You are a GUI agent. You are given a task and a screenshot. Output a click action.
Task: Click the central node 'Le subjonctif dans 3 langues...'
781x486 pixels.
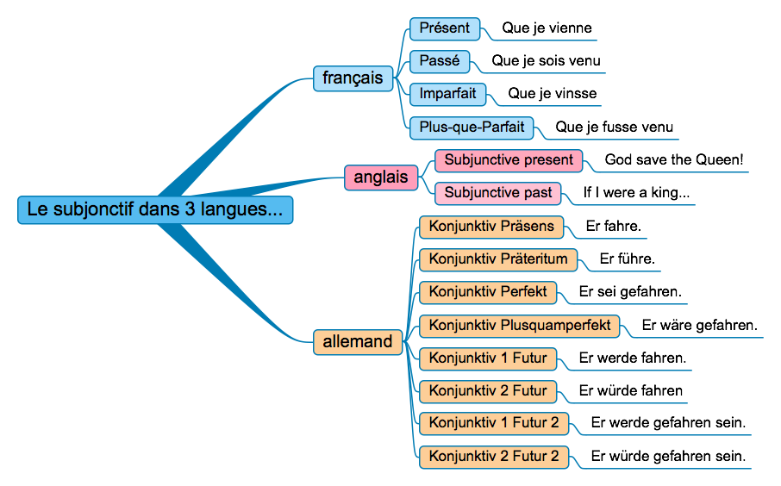point(155,209)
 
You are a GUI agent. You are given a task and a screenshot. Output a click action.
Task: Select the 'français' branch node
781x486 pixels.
point(353,78)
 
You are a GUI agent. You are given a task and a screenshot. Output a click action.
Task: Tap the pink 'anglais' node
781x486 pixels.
point(381,178)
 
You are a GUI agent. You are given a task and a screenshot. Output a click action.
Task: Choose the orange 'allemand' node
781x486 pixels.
point(357,341)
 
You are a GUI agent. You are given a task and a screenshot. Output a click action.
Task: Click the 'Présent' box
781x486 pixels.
point(444,28)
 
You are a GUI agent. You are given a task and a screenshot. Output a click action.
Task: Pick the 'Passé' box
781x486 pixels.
point(440,61)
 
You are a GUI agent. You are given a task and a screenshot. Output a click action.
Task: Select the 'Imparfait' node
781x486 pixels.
point(448,94)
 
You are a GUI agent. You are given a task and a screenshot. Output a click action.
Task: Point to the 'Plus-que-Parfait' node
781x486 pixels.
point(472,128)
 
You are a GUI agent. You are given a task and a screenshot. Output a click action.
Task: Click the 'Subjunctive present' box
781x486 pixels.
point(509,160)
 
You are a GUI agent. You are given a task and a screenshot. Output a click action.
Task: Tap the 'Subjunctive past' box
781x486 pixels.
point(498,193)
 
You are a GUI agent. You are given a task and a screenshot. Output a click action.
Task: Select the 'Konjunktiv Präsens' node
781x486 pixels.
point(491,227)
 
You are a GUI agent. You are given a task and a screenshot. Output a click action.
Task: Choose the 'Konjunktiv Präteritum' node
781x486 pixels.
point(498,259)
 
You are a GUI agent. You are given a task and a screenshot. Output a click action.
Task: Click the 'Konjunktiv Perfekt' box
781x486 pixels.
point(488,292)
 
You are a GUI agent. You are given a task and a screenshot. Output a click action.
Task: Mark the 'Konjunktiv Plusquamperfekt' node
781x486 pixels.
point(520,326)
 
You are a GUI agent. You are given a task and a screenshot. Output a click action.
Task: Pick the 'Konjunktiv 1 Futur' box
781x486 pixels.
point(488,358)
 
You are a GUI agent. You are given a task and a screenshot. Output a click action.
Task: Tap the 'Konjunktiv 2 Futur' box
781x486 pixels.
point(488,391)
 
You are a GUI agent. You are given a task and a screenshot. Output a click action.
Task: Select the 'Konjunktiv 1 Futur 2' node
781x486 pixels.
point(494,423)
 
